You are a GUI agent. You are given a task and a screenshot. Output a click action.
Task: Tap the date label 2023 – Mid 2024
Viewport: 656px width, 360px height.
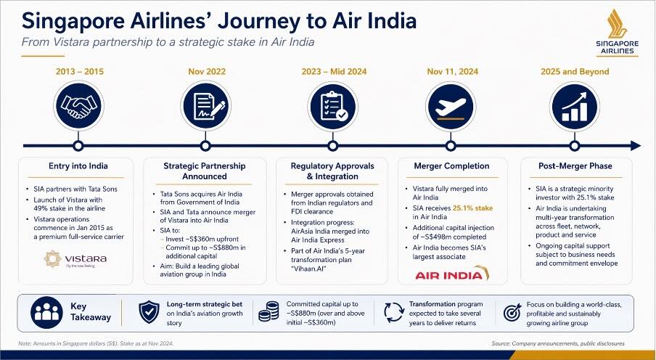point(329,72)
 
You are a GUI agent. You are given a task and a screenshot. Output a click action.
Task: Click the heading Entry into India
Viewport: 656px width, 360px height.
point(77,166)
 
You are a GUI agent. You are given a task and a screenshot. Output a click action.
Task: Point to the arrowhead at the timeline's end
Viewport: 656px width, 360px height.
point(636,145)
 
